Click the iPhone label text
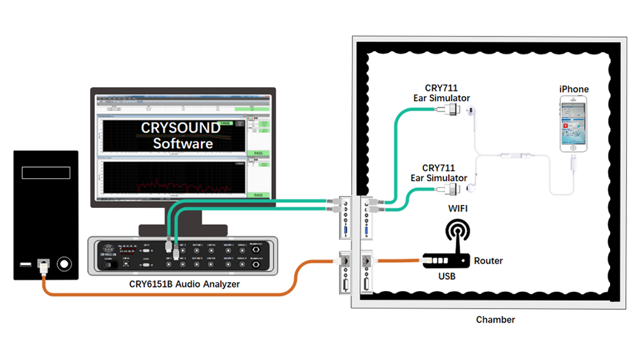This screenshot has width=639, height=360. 574,89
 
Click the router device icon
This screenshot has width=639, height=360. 445,261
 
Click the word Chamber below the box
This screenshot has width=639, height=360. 495,320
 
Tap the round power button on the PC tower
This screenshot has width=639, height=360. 65,263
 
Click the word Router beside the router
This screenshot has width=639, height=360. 488,261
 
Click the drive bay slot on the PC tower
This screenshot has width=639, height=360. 46,172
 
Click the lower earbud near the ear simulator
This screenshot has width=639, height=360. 472,185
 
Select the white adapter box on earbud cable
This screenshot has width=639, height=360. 513,155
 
